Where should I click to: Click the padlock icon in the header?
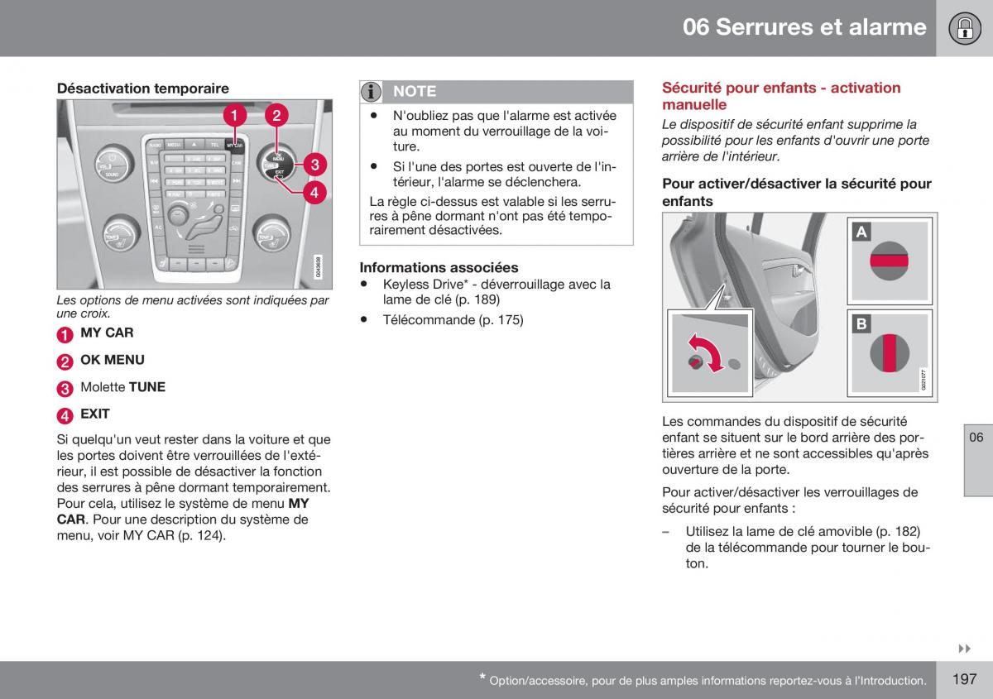point(965,28)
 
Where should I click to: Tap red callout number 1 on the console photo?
point(234,115)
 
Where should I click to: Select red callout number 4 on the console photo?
point(314,193)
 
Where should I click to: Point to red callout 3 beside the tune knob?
point(314,165)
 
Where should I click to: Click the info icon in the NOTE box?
point(371,92)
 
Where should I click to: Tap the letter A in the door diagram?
point(861,232)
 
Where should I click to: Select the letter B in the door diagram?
point(861,324)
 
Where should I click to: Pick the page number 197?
point(964,679)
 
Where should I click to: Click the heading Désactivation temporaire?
point(142,89)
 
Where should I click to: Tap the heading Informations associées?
point(439,267)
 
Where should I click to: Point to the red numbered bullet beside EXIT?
point(65,415)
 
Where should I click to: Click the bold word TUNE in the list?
point(146,387)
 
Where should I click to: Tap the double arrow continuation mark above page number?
point(964,649)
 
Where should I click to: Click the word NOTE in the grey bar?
point(415,91)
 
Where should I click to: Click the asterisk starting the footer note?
point(482,677)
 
